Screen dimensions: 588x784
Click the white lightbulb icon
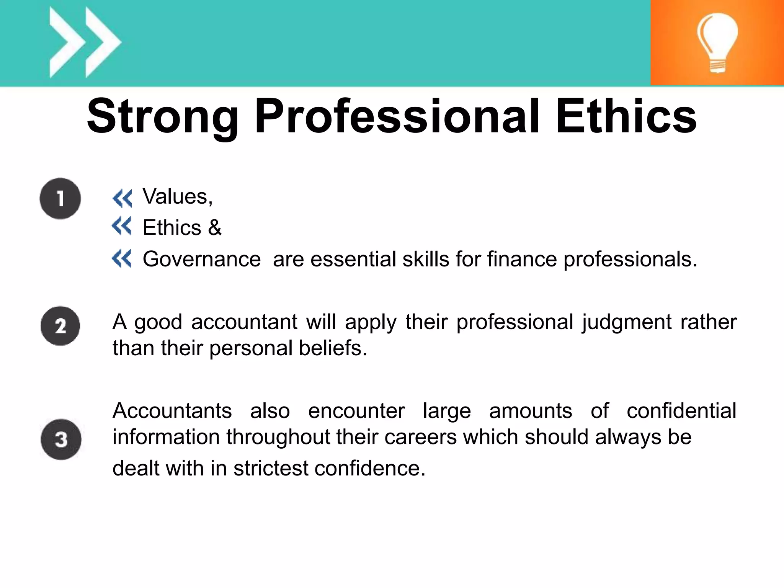tap(717, 42)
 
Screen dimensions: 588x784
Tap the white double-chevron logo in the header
tap(85, 42)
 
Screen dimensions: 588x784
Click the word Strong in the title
tap(163, 117)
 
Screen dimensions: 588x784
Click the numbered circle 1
tap(60, 199)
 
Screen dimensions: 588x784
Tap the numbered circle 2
tap(60, 326)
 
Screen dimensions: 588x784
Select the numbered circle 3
tap(61, 439)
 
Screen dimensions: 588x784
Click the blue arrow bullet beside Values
tap(122, 198)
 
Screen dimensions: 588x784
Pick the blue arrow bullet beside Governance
tap(121, 258)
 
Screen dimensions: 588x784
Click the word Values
tap(177, 197)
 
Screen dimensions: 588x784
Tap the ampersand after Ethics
tap(215, 228)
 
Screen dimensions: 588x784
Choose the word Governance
tap(202, 259)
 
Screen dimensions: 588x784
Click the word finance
tap(522, 259)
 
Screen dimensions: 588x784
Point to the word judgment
tap(627, 322)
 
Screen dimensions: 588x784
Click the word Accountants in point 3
tap(172, 411)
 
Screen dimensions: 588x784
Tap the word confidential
tap(681, 411)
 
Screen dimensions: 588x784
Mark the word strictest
tap(271, 468)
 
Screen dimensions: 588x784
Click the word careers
tap(420, 437)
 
